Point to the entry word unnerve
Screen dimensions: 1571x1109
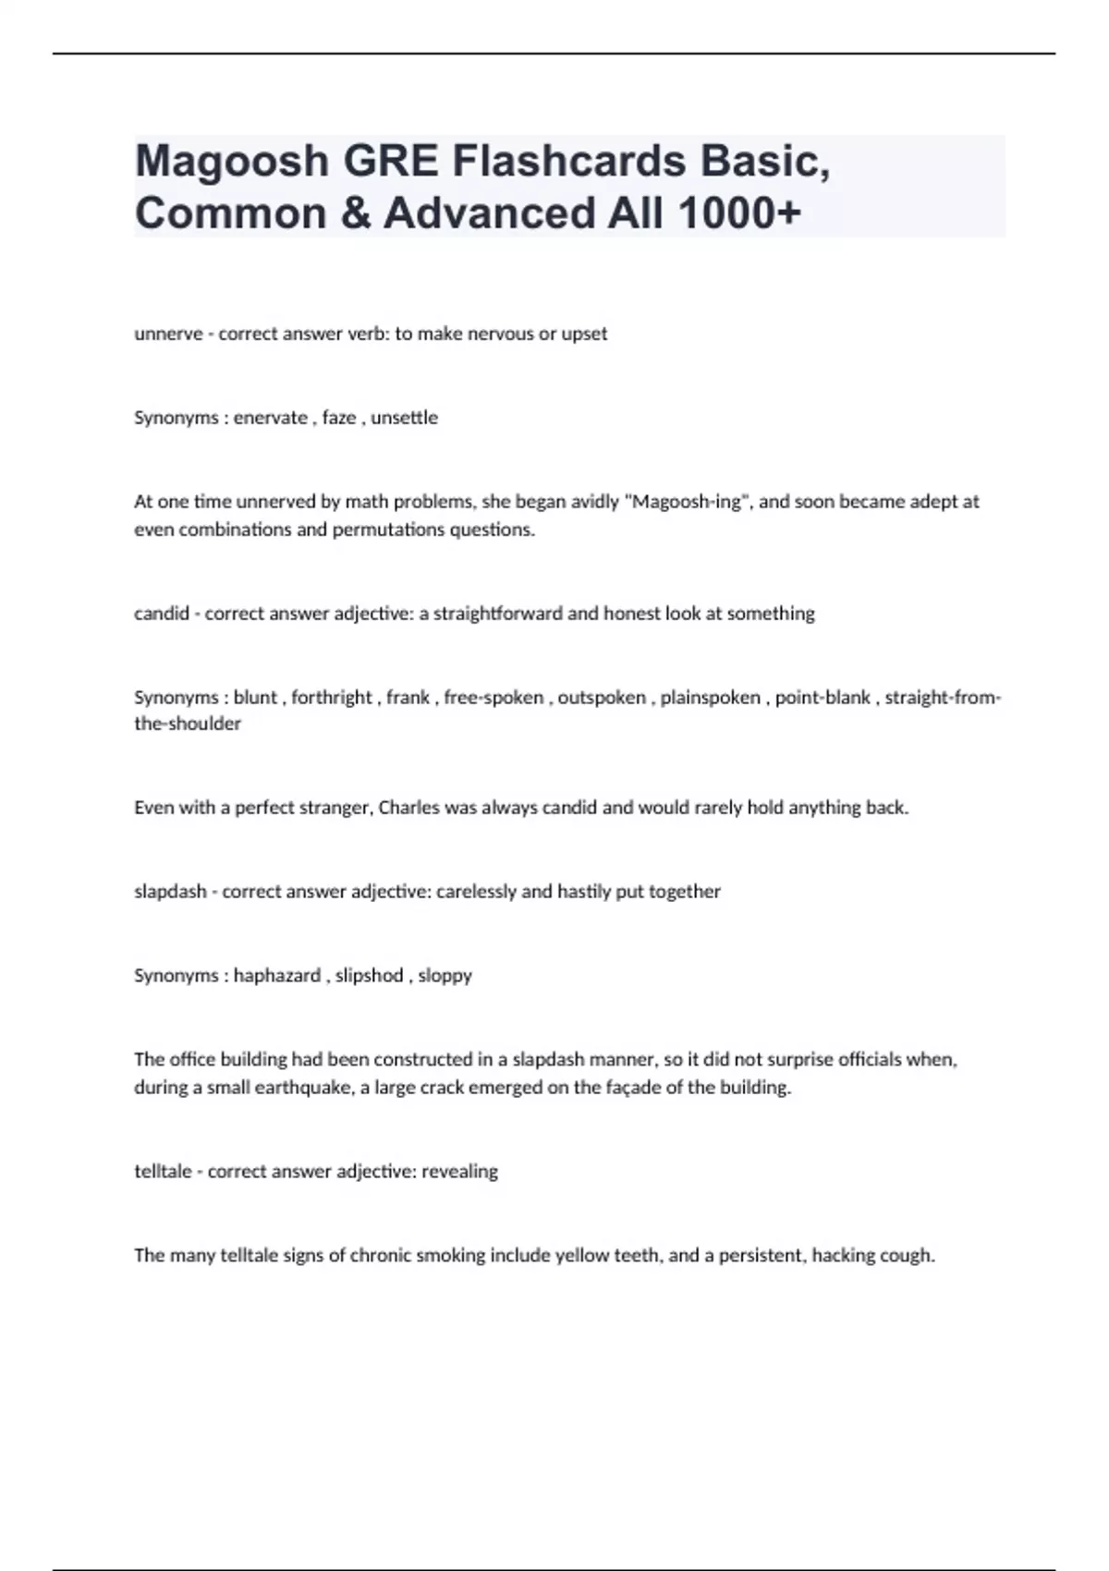click(x=168, y=334)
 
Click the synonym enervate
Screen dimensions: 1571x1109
click(x=270, y=418)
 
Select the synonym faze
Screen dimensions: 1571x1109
click(x=339, y=418)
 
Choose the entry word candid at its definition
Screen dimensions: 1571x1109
click(x=162, y=614)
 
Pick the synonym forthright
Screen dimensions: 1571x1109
click(x=332, y=698)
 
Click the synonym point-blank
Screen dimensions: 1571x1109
click(x=823, y=698)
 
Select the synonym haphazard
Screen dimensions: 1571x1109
click(x=276, y=976)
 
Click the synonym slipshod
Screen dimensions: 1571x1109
click(x=369, y=976)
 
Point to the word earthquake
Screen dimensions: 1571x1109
click(x=305, y=1088)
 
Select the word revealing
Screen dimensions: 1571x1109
click(x=459, y=1172)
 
